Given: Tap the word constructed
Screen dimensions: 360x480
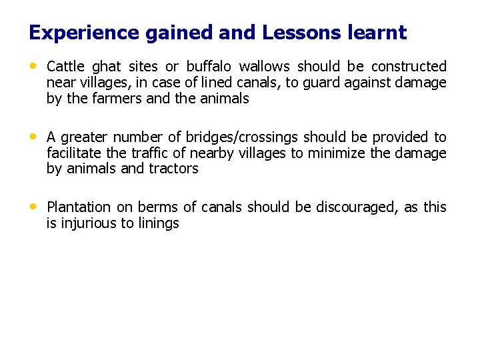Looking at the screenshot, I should click(409, 67).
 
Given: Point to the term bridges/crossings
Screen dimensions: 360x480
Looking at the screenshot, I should click(243, 137).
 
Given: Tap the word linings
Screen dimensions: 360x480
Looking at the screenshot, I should click(158, 224).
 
